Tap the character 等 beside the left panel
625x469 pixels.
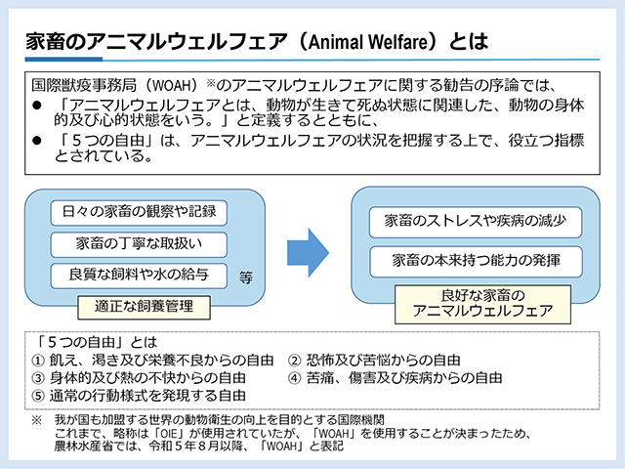245,277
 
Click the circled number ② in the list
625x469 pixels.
294,359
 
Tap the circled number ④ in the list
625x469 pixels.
294,377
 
